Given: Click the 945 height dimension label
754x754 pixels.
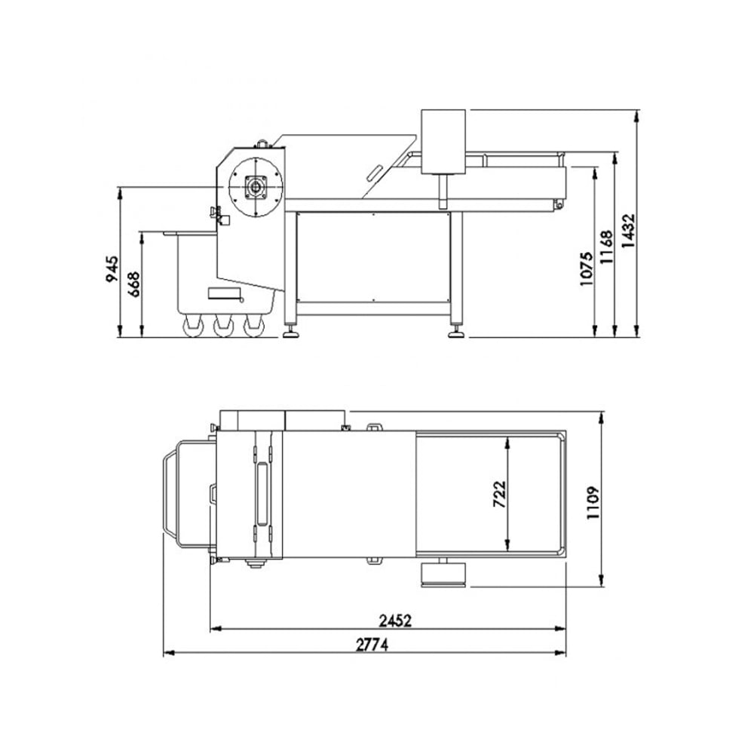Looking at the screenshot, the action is point(112,269).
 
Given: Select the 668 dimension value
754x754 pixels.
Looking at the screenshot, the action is point(133,284).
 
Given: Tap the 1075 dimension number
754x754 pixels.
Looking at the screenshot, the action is point(587,269).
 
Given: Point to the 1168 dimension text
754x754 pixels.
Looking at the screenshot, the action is point(607,247).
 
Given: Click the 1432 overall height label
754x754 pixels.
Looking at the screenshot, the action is point(629,231).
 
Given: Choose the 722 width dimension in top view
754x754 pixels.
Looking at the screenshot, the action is point(500,494).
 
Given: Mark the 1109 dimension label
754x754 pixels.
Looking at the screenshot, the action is point(593,502).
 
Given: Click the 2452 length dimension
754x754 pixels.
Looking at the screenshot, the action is point(395,621).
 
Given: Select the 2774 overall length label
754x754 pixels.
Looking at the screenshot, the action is point(372,645).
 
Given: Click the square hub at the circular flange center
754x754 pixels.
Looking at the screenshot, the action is point(256,187).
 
